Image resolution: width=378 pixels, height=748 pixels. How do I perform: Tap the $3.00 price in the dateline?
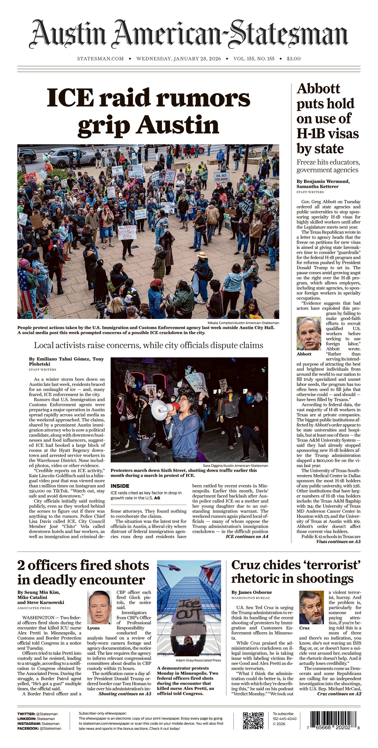click(x=294, y=59)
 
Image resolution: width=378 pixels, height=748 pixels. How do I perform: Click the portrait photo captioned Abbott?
click(x=309, y=333)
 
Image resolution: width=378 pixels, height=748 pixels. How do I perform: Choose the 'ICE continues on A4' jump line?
click(x=247, y=536)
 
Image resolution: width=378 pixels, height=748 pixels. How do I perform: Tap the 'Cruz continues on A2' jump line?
click(x=339, y=694)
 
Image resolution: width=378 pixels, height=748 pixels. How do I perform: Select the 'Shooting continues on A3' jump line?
click(x=125, y=694)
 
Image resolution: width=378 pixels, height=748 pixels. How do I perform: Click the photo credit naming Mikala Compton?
click(x=243, y=323)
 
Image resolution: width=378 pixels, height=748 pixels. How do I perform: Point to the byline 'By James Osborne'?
click(x=252, y=592)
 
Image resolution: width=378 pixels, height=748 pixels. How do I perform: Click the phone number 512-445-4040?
click(x=285, y=718)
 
